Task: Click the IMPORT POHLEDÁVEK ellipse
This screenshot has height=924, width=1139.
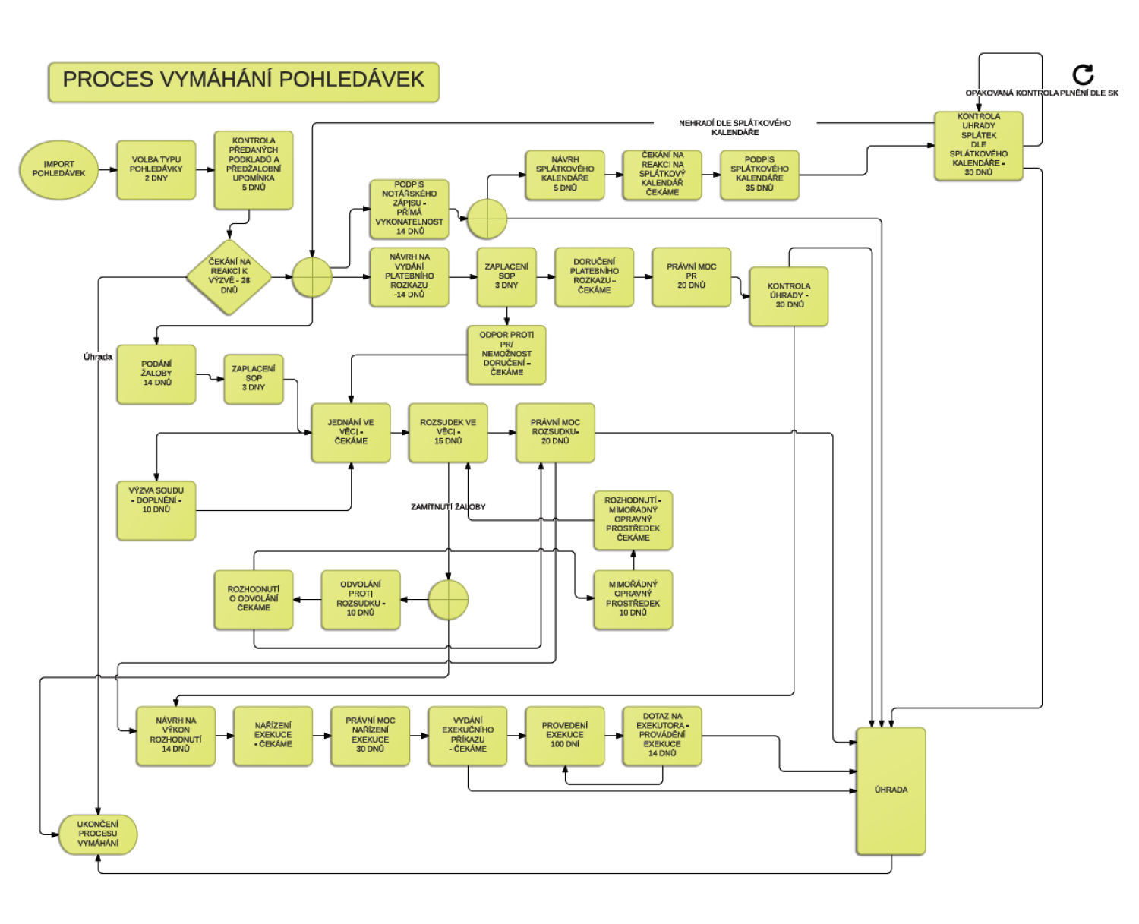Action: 58,169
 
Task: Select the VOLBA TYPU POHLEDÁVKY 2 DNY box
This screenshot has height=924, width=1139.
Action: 156,169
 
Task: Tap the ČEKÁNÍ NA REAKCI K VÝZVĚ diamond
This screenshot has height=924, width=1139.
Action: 229,276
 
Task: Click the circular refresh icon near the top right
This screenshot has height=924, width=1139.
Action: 1083,75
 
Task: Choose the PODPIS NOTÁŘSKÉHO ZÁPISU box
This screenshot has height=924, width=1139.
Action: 409,209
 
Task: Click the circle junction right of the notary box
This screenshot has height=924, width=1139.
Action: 487,219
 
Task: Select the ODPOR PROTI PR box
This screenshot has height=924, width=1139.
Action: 506,355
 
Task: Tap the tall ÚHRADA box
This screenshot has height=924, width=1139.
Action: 891,791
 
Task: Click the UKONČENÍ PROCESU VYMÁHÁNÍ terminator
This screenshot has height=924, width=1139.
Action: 98,834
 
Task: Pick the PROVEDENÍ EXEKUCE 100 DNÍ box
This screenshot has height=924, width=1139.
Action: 565,735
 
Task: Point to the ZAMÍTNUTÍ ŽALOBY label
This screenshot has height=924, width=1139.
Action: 448,506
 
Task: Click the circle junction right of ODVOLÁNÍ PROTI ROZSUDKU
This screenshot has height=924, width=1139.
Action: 448,600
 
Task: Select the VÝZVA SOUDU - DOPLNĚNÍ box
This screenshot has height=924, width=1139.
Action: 156,510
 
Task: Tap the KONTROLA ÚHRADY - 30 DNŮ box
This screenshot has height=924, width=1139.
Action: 789,296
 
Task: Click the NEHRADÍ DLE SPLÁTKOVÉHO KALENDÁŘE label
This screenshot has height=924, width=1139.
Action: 735,128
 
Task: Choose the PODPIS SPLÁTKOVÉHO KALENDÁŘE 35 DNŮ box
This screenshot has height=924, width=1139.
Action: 759,175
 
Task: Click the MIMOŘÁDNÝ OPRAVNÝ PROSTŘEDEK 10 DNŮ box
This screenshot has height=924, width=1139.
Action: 633,600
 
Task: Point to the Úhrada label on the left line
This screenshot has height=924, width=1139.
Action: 98,357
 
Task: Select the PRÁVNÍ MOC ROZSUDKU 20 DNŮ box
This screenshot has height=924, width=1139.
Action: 555,433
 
